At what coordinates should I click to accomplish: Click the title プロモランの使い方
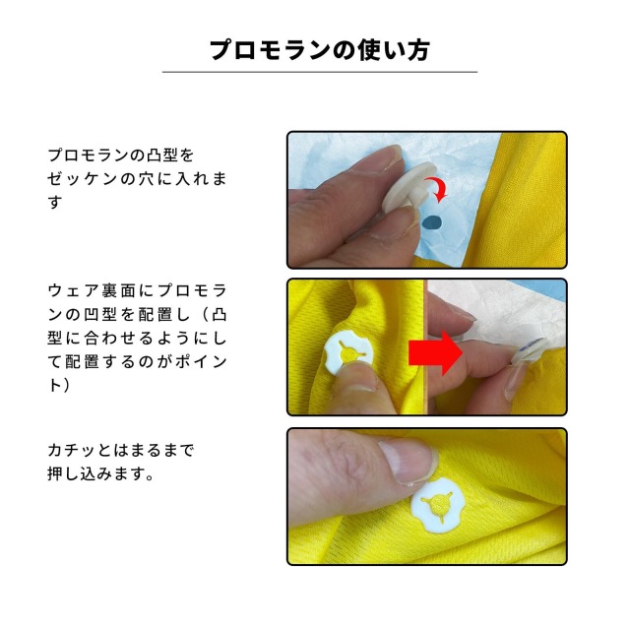319,49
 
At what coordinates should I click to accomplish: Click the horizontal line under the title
319,72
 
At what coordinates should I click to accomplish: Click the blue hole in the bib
430,225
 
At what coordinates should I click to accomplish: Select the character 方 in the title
416,49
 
